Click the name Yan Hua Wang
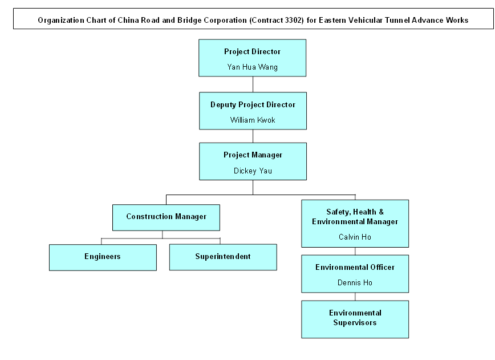pyautogui.click(x=252, y=67)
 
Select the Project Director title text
pyautogui.click(x=252, y=52)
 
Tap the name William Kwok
pyautogui.click(x=253, y=120)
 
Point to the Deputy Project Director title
pyautogui.click(x=253, y=105)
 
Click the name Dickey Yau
pyautogui.click(x=253, y=171)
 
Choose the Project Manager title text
pyautogui.click(x=253, y=155)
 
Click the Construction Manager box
pyautogui.click(x=166, y=217)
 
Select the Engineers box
pyautogui.click(x=103, y=257)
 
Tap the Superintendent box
pyautogui.click(x=223, y=257)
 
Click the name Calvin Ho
pyautogui.click(x=355, y=237)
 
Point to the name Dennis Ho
pyautogui.click(x=355, y=282)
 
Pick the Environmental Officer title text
pyautogui.click(x=355, y=268)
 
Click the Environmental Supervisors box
pyautogui.click(x=355, y=318)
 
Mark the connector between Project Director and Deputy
pyautogui.click(x=253, y=84)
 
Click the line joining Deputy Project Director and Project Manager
pyautogui.click(x=253, y=136)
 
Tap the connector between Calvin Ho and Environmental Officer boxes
pyautogui.click(x=355, y=251)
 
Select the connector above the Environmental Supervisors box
pyautogui.click(x=355, y=297)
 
